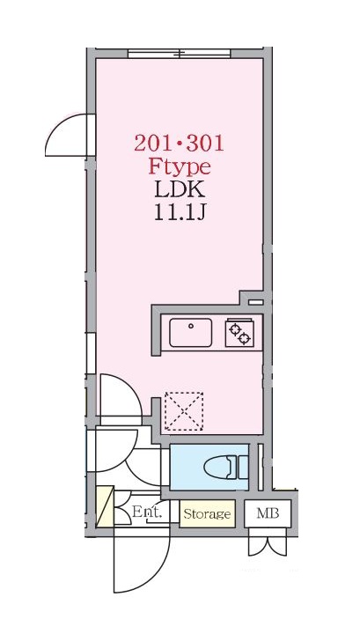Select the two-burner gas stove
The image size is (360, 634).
click(238, 333)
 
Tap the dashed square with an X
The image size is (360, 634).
click(183, 411)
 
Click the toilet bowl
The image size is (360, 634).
click(217, 466)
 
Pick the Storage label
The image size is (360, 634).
click(207, 513)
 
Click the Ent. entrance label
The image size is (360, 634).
click(145, 512)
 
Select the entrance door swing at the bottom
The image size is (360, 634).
click(141, 564)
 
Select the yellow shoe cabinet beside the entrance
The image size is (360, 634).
click(105, 508)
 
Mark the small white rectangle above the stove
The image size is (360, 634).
click(255, 302)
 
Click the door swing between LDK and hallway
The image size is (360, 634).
click(119, 401)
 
